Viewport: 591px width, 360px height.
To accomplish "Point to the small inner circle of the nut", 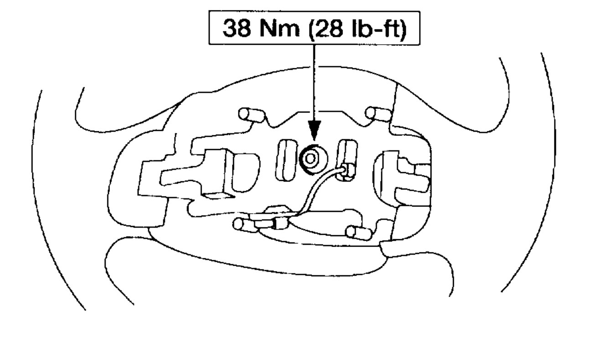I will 310,159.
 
